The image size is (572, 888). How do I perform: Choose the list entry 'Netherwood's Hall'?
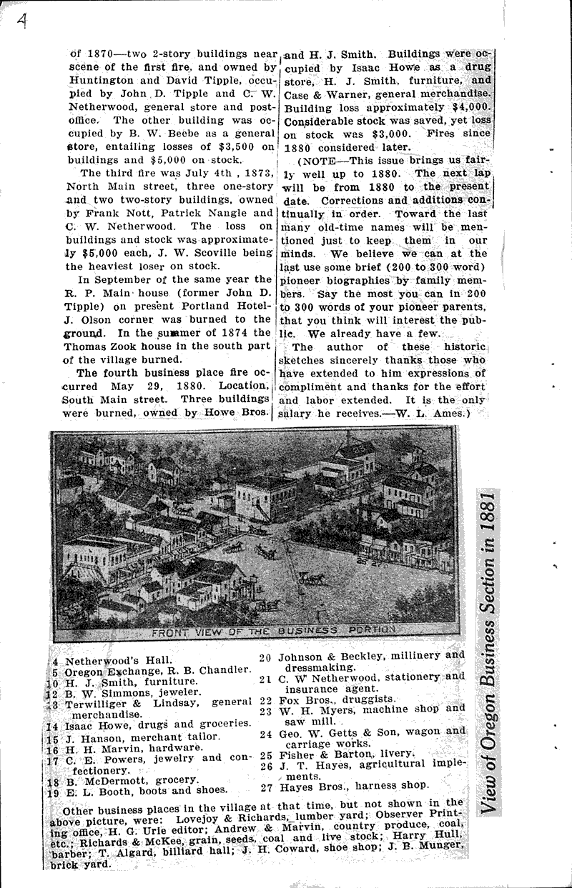(112, 659)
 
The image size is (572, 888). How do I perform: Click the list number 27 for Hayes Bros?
(266, 784)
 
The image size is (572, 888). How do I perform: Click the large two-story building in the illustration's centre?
(265, 495)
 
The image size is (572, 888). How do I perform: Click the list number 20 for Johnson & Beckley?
(266, 655)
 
